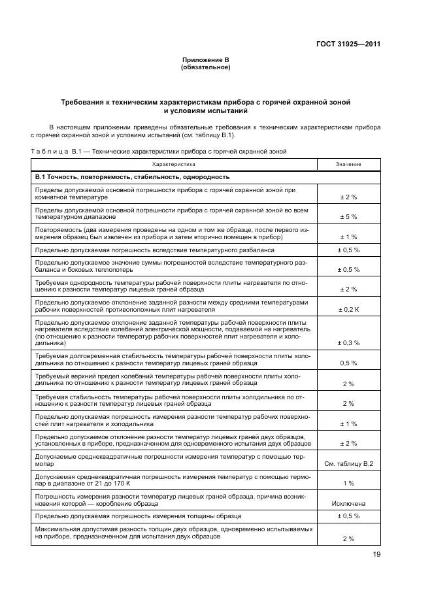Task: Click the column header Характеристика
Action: click(173, 165)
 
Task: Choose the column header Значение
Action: click(348, 165)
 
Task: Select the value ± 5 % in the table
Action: click(348, 216)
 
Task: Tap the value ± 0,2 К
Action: click(348, 309)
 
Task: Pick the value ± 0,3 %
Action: click(348, 342)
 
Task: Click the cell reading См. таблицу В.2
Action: click(348, 463)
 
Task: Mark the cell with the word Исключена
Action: click(348, 504)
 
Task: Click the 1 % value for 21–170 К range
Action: click(348, 483)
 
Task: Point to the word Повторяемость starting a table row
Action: click(59, 229)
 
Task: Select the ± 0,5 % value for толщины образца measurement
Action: click(348, 516)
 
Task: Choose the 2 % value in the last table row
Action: click(348, 538)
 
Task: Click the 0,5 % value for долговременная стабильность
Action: click(348, 363)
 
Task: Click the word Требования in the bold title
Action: click(86, 103)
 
